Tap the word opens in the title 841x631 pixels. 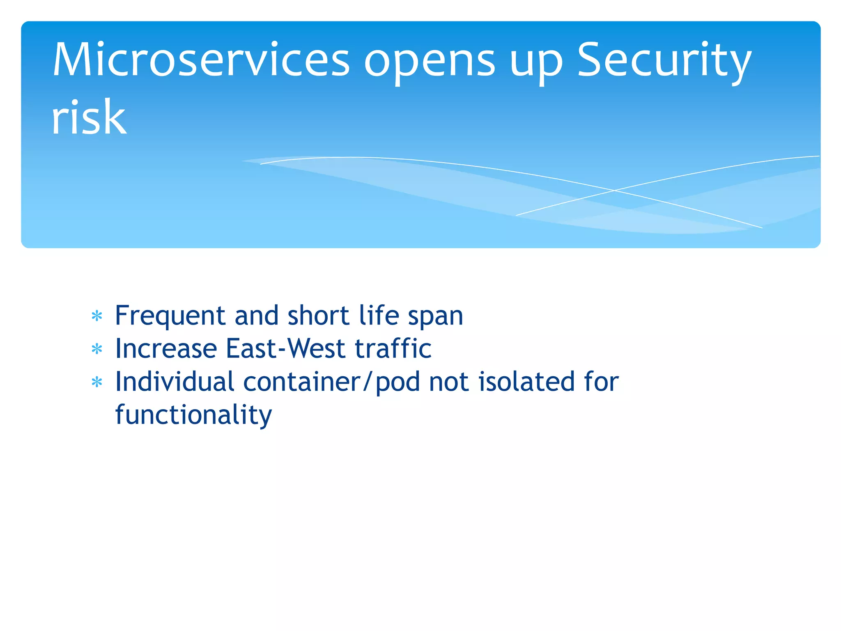pos(430,62)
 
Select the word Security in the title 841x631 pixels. pos(664,62)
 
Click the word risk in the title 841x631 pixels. pos(89,118)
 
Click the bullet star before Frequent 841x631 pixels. pos(97,316)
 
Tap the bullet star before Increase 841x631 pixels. pos(97,350)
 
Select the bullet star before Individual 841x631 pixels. pos(97,383)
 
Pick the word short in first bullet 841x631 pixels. pos(318,315)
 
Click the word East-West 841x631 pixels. pos(285,349)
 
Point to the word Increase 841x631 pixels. pos(166,349)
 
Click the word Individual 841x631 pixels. pos(175,382)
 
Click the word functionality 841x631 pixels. pos(193,415)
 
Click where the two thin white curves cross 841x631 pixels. pos(614,190)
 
